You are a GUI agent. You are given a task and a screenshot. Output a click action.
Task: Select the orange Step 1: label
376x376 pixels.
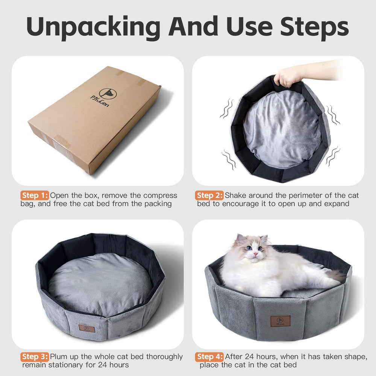tap(35, 196)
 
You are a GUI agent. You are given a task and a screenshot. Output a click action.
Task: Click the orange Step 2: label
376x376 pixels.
tap(209, 196)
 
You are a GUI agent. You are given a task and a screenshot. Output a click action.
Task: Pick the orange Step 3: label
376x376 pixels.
tap(35, 356)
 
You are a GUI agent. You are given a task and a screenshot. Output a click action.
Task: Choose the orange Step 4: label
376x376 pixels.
tap(209, 356)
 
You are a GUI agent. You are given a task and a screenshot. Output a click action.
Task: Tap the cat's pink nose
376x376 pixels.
tap(255, 255)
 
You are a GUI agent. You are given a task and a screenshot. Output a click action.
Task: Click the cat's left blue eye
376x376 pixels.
tap(248, 248)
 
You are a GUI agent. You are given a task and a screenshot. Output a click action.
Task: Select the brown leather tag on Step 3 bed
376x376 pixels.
tap(86, 328)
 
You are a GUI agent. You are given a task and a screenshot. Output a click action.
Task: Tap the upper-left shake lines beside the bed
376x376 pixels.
tap(227, 108)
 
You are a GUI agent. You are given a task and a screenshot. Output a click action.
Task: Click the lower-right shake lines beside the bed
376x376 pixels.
tap(332, 156)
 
